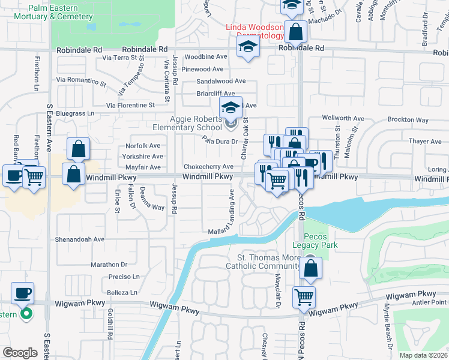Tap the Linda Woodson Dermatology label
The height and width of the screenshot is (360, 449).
pos(255,31)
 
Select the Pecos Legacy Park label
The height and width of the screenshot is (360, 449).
pos(315,241)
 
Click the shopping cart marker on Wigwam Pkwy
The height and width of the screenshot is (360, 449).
pos(304,296)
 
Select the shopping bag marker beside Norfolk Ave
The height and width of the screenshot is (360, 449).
pos(78,149)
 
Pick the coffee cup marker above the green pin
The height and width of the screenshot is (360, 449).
pos(23,293)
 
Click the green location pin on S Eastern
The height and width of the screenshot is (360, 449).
pos(26,313)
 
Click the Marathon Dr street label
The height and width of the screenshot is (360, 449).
pos(109,264)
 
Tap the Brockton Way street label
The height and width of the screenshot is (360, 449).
pos(408,120)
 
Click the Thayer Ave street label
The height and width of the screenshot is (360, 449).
pos(424,142)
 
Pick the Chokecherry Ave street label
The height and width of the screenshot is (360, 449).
pos(208,167)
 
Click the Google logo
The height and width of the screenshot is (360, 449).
pos(20,353)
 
